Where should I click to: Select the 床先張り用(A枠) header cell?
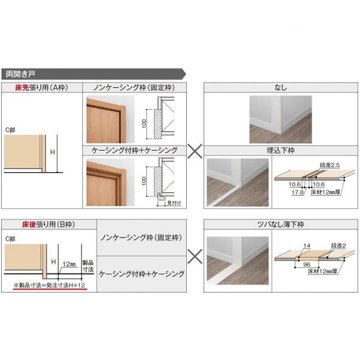coord(33,87)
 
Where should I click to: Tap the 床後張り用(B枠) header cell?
coord(33,224)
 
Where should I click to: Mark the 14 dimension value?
coord(306,246)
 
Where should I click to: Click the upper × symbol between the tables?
coord(194,150)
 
